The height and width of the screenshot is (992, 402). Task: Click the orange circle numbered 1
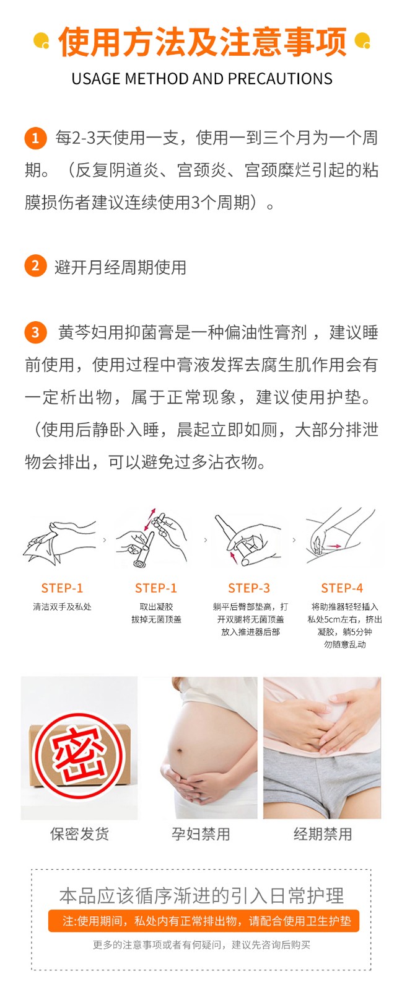click(35, 138)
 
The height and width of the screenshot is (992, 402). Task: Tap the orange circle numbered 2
click(35, 266)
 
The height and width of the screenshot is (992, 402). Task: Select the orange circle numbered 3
click(35, 332)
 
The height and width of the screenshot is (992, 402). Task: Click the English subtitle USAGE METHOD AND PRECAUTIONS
click(201, 79)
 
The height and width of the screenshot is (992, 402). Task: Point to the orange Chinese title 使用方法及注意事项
click(201, 43)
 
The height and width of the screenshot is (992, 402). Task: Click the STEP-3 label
click(249, 588)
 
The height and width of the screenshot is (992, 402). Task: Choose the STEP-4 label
click(342, 588)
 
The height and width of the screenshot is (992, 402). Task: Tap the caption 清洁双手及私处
click(62, 607)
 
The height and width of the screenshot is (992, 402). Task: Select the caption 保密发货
click(79, 834)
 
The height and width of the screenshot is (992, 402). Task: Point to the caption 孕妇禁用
click(201, 834)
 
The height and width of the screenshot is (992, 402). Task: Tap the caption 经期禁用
click(323, 834)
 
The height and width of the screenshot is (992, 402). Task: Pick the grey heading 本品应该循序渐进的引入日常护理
click(201, 895)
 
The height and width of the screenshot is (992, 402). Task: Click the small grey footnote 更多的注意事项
click(201, 944)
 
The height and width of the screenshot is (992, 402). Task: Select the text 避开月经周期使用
click(120, 267)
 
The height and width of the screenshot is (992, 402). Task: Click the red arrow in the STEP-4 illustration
click(334, 546)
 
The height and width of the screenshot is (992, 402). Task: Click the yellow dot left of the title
click(41, 41)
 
